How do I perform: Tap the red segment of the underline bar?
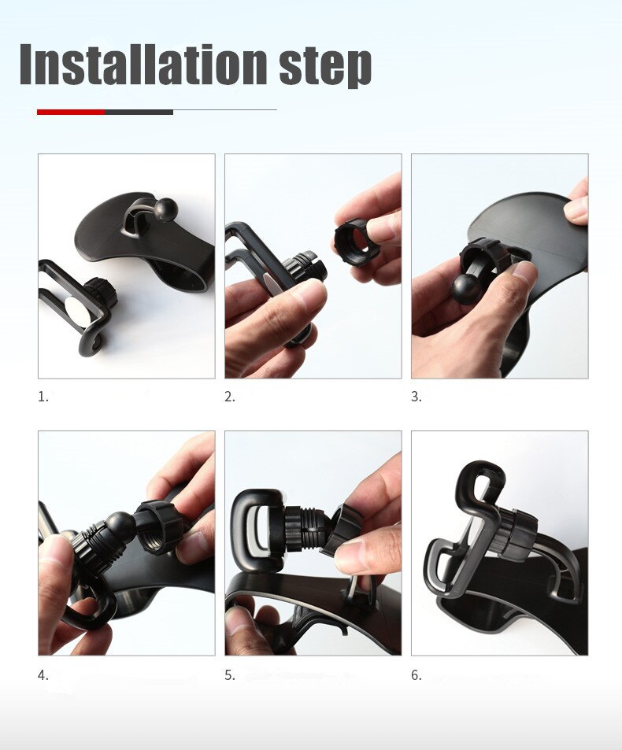[x=71, y=112]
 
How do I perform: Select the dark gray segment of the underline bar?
[x=139, y=112]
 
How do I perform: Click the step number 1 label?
[x=43, y=397]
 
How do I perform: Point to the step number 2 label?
[x=229, y=397]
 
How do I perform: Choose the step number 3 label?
[x=416, y=397]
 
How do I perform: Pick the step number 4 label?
[x=43, y=675]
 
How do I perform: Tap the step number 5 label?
[x=229, y=675]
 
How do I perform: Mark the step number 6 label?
[x=416, y=675]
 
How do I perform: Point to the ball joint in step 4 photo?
[x=120, y=525]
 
